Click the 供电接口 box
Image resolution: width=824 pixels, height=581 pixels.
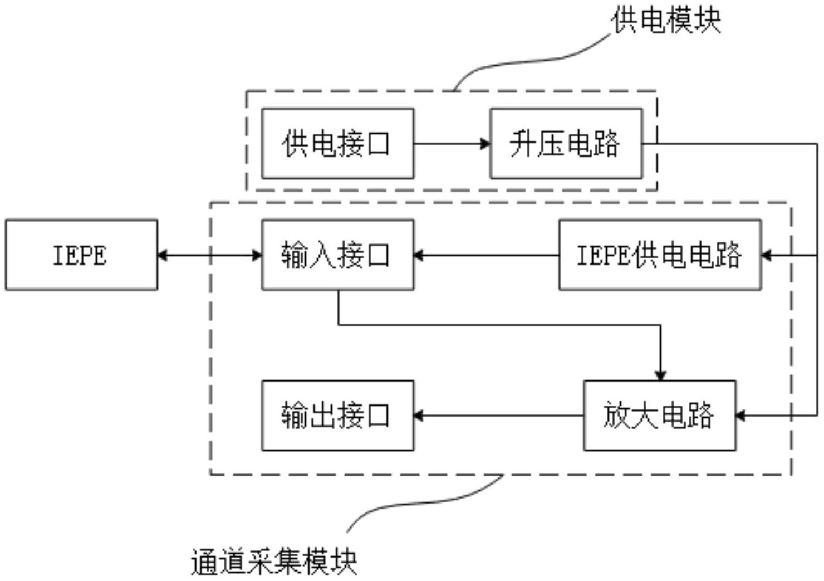click(x=337, y=144)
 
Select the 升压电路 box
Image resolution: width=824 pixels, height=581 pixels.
click(x=566, y=144)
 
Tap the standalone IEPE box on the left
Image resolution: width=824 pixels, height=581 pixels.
click(x=81, y=255)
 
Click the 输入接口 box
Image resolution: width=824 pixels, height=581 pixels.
click(x=337, y=255)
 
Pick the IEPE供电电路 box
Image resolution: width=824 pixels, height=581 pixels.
click(x=660, y=255)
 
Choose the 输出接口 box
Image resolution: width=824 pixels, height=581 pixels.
click(x=337, y=416)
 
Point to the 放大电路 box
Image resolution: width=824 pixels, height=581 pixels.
click(x=660, y=416)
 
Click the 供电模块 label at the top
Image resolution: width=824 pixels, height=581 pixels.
click(x=666, y=21)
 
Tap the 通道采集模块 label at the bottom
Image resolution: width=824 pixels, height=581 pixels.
click(x=273, y=562)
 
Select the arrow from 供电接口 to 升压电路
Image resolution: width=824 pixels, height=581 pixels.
click(x=451, y=144)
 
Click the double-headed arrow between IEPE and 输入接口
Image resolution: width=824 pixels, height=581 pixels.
click(x=209, y=256)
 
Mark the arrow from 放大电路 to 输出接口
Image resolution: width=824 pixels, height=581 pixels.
click(x=498, y=416)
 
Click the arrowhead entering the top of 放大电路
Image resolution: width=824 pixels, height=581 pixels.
click(x=660, y=375)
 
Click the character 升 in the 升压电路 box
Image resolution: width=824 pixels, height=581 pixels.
click(x=522, y=144)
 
